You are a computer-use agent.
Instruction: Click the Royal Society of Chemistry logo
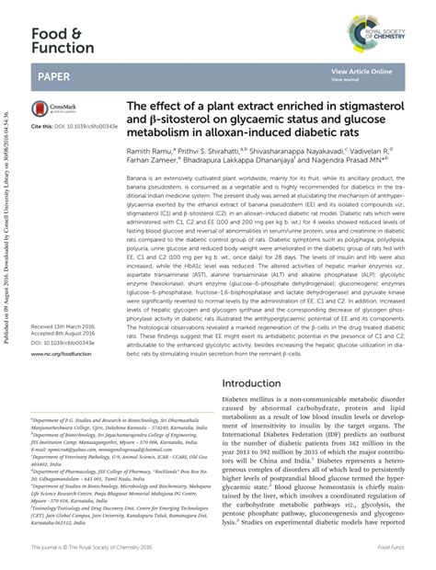(x=376, y=33)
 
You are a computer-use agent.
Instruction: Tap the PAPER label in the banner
(x=51, y=73)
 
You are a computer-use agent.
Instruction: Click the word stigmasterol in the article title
(x=367, y=106)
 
